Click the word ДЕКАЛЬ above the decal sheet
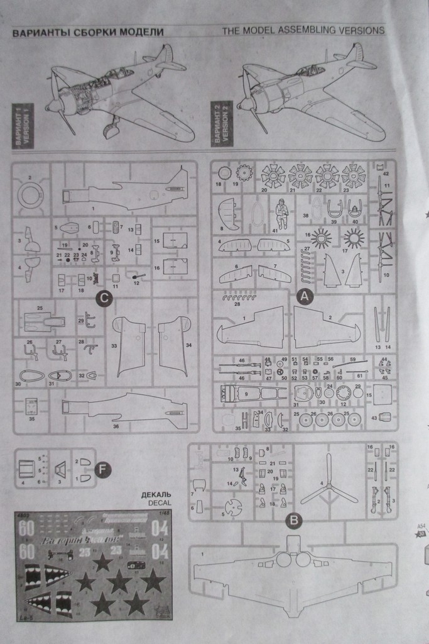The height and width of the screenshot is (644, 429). point(156,494)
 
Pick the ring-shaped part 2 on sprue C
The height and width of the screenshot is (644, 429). point(31,194)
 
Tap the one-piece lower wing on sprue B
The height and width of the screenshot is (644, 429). point(293,576)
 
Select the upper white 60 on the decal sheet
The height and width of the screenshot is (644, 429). point(26,530)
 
